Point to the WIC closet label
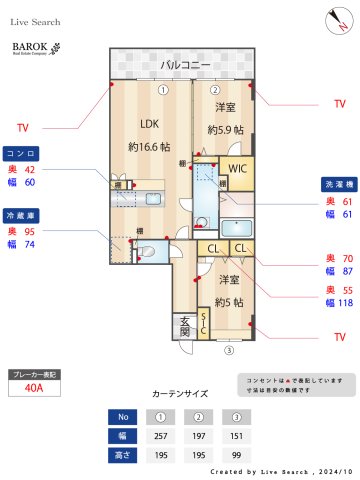(238, 169)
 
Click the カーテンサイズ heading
(180, 394)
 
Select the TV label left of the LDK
(23, 128)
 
